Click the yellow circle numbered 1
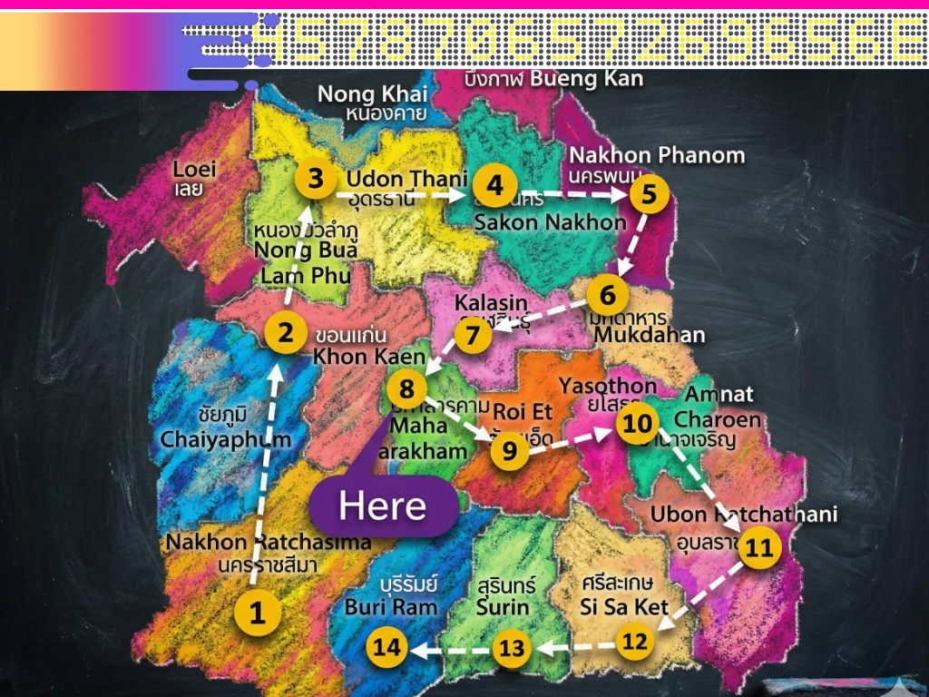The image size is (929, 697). (258, 614)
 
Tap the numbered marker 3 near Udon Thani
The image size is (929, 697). (315, 178)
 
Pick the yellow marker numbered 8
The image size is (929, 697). (406, 389)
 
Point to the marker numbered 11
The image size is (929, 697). (758, 547)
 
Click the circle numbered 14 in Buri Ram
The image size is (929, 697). (386, 647)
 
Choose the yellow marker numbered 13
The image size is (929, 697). (512, 648)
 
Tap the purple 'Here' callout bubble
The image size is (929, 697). (383, 506)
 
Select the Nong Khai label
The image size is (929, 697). (372, 94)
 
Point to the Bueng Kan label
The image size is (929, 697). (586, 78)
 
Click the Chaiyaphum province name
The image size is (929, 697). (226, 439)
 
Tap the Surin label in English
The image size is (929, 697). (503, 606)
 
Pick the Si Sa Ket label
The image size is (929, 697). (624, 606)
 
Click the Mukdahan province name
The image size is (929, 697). (649, 335)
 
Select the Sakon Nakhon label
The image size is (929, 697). (550, 222)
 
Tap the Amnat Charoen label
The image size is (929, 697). (717, 407)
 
